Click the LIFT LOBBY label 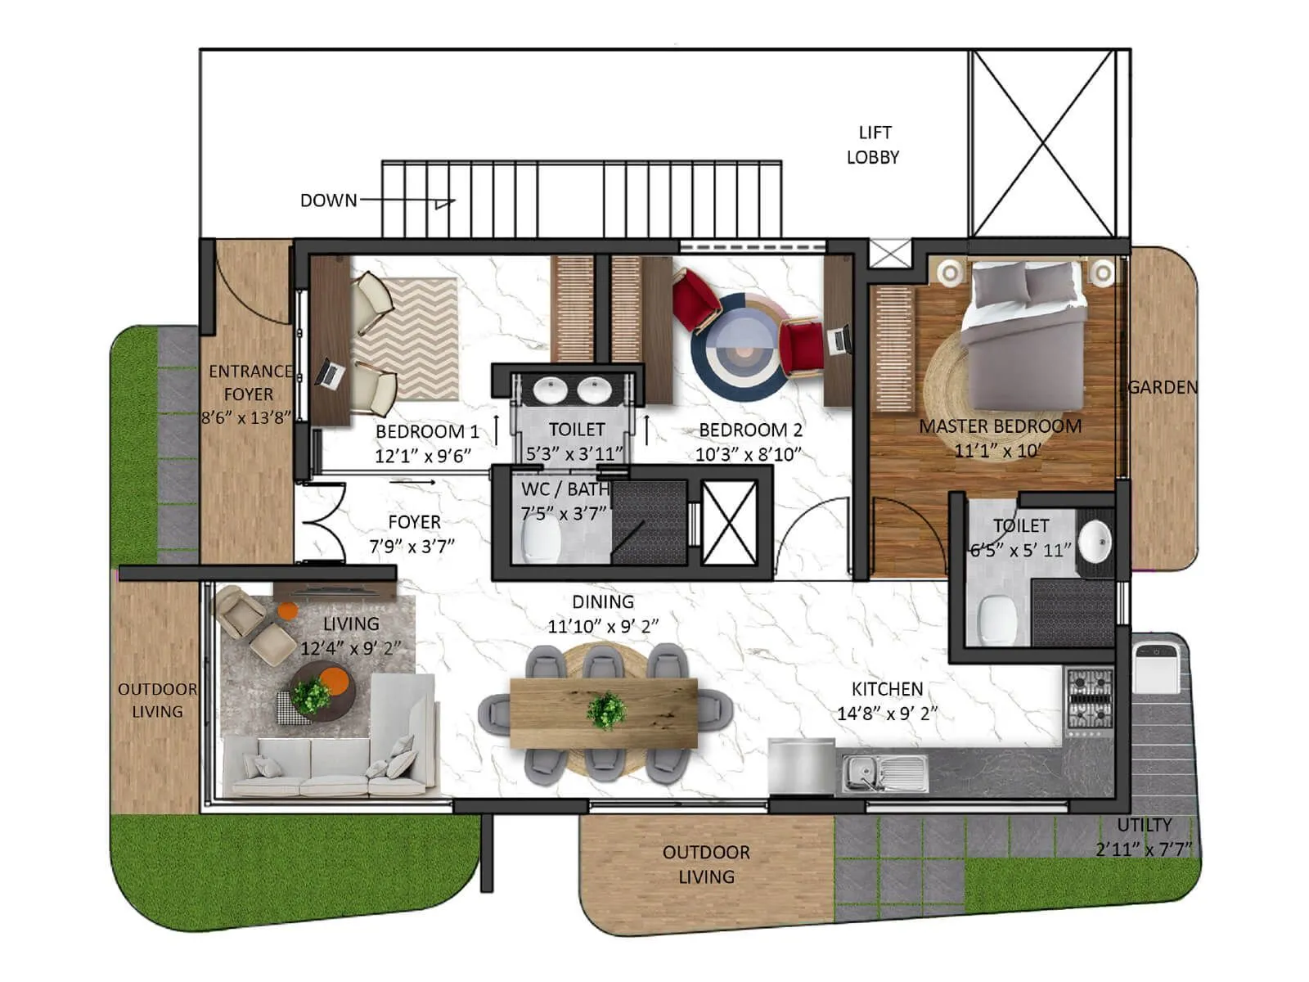pyautogui.click(x=873, y=145)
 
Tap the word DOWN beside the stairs pyautogui.click(x=328, y=200)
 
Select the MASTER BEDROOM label pyautogui.click(x=1000, y=426)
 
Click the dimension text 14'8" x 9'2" pyautogui.click(x=887, y=714)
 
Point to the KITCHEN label pyautogui.click(x=887, y=689)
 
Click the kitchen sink pyautogui.click(x=884, y=773)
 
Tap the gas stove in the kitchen pyautogui.click(x=1090, y=700)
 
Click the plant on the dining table pyautogui.click(x=606, y=710)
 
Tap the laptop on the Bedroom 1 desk pyautogui.click(x=330, y=373)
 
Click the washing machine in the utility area pyautogui.click(x=1158, y=668)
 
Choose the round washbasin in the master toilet pyautogui.click(x=1094, y=541)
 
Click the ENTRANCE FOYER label pyautogui.click(x=250, y=382)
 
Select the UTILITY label pyautogui.click(x=1144, y=825)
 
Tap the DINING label pyautogui.click(x=603, y=602)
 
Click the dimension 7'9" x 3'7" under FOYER pyautogui.click(x=412, y=546)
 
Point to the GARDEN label pyautogui.click(x=1162, y=387)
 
